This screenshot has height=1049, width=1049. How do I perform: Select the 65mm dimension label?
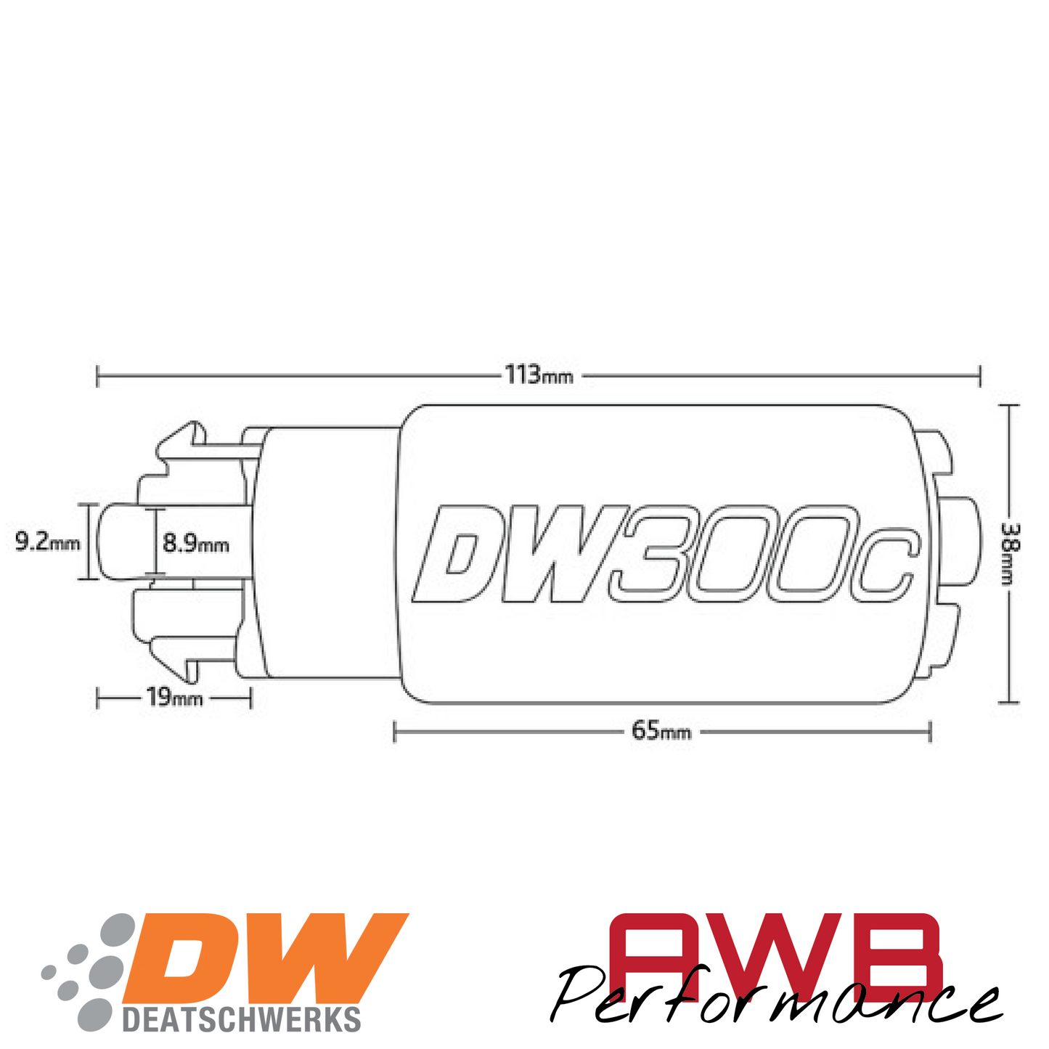click(x=661, y=731)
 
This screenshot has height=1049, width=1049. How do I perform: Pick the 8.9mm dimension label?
click(x=195, y=543)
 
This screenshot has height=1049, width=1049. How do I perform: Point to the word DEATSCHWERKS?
click(x=242, y=1019)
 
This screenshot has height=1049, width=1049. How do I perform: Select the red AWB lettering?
click(x=773, y=951)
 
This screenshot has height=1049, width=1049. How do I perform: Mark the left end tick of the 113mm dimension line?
click(x=97, y=376)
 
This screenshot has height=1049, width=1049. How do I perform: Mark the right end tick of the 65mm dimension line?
click(x=930, y=731)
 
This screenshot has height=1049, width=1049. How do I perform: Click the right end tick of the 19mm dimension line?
click(x=250, y=698)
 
